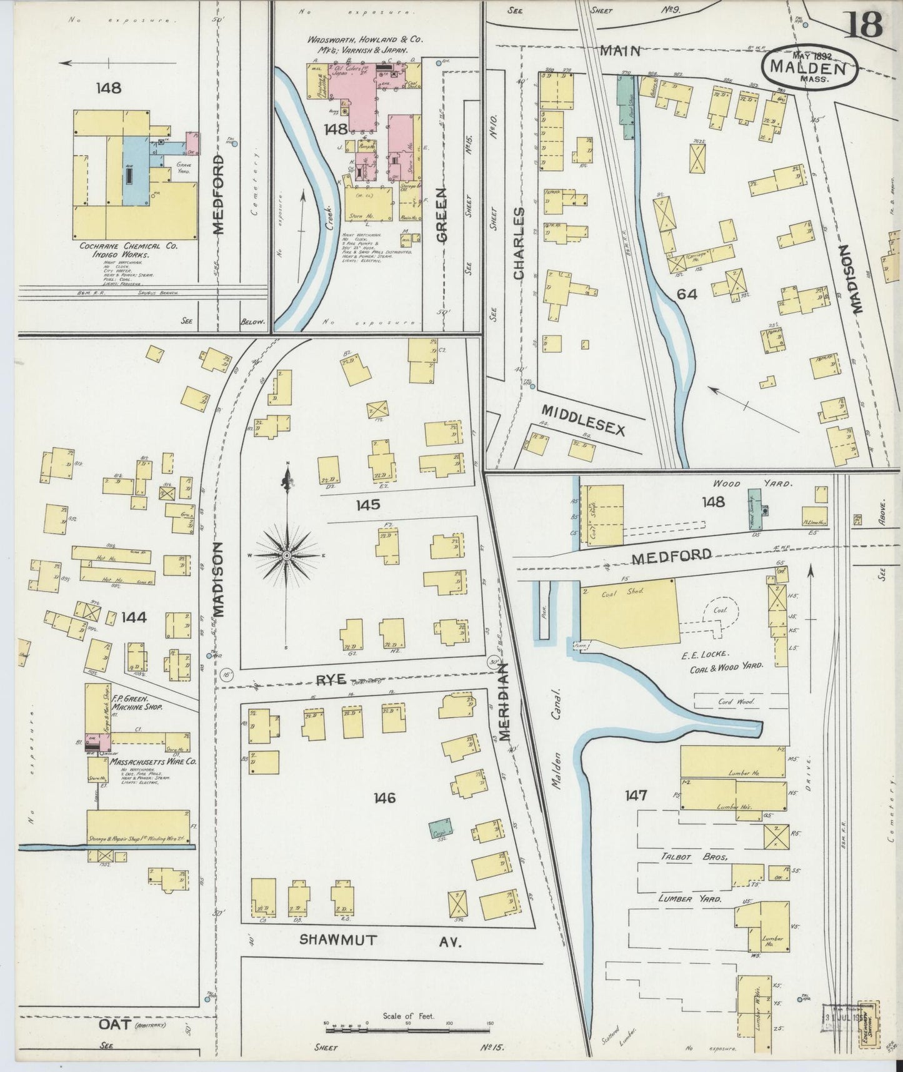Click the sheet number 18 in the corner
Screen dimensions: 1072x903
[865, 25]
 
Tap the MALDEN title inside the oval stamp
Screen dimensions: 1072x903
[809, 67]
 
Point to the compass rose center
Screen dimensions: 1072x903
[287, 555]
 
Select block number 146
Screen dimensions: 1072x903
[384, 797]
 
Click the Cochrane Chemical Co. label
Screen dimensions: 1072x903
[128, 246]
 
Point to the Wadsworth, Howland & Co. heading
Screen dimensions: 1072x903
[365, 39]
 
